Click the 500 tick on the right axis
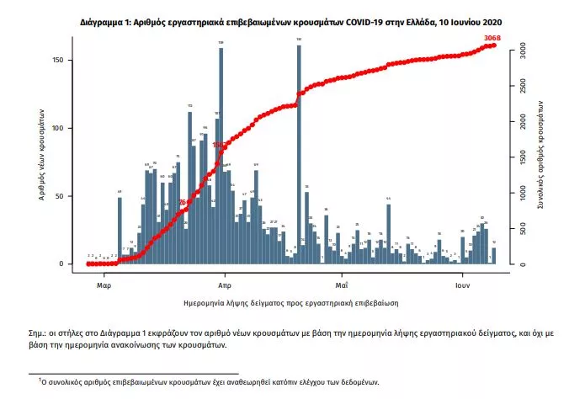pos(519,229)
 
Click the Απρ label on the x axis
pos(225,275)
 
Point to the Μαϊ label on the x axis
pos(342,275)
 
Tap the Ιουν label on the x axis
pos(462,275)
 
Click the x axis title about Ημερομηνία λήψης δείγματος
pos(290,301)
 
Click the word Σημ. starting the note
pos(35,334)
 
